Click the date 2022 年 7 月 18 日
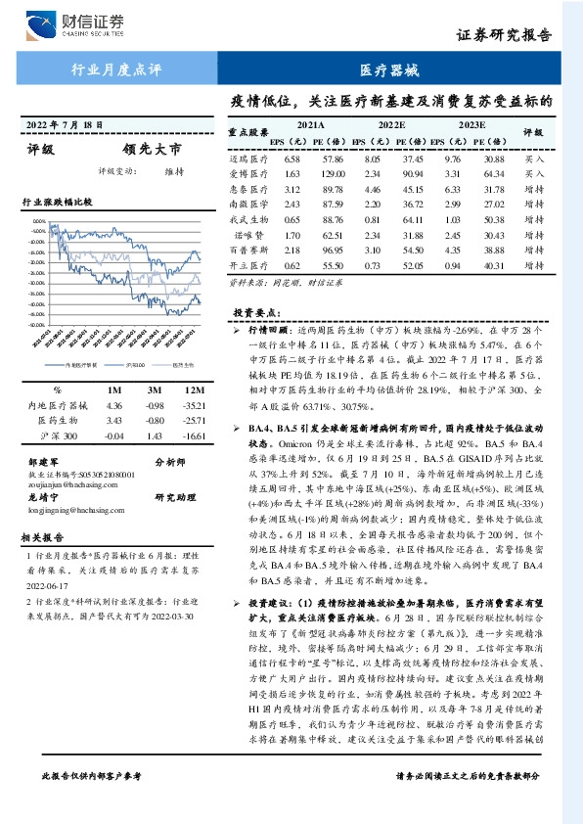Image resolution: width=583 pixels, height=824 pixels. pyautogui.click(x=65, y=126)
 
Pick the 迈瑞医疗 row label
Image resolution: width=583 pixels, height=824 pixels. pyautogui.click(x=247, y=158)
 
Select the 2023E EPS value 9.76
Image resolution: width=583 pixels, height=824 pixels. pyautogui.click(x=452, y=158)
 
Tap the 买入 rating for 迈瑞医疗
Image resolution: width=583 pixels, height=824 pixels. pyautogui.click(x=533, y=158)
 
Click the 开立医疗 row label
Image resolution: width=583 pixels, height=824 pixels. pyautogui.click(x=247, y=266)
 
